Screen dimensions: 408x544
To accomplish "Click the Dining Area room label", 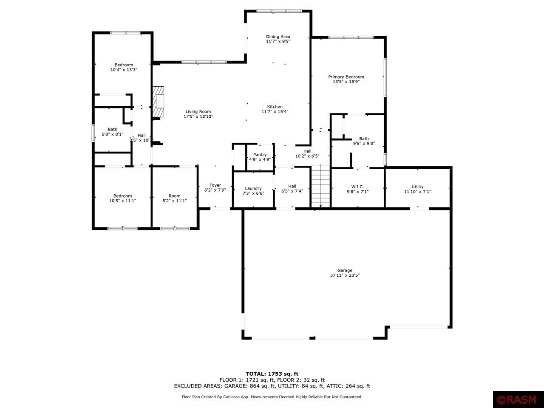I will pyautogui.click(x=278, y=37).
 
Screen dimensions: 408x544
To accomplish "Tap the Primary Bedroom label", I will pyautogui.click(x=346, y=77).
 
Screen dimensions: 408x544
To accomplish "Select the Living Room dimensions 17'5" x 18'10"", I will pyautogui.click(x=198, y=116).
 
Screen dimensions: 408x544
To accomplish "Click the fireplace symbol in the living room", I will pyautogui.click(x=159, y=102).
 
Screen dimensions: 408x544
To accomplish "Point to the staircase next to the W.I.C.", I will pyautogui.click(x=321, y=186).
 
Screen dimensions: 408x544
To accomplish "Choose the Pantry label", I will pyautogui.click(x=260, y=155).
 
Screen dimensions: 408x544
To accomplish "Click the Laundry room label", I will pyautogui.click(x=253, y=188).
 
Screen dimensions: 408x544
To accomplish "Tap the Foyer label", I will pyautogui.click(x=215, y=185).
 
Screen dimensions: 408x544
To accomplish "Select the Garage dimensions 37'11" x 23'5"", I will pyautogui.click(x=345, y=275).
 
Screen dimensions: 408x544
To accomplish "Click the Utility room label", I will pyautogui.click(x=417, y=187).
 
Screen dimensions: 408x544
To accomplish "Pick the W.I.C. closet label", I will pyautogui.click(x=357, y=187).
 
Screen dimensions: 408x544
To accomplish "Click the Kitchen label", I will pyautogui.click(x=275, y=107).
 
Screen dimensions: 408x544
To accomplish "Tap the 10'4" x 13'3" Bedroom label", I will pyautogui.click(x=124, y=65).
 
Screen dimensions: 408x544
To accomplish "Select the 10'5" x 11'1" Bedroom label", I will pyautogui.click(x=122, y=196).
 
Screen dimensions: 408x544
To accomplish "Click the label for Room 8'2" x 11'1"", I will pyautogui.click(x=174, y=196).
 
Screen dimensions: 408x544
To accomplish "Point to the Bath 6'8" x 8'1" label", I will pyautogui.click(x=112, y=129).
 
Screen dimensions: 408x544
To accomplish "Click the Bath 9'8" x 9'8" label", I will pyautogui.click(x=364, y=139).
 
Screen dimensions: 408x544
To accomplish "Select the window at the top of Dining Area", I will pyautogui.click(x=278, y=11).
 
